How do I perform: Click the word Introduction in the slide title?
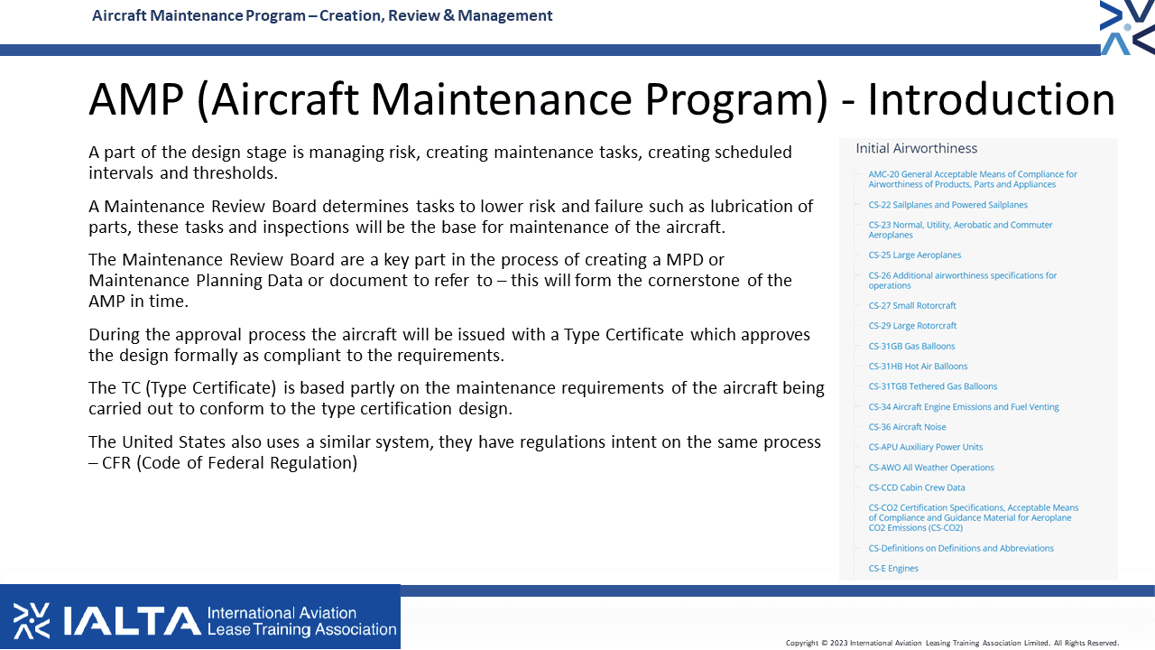(x=992, y=99)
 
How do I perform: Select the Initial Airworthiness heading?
(x=916, y=149)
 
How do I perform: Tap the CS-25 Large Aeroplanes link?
(x=915, y=255)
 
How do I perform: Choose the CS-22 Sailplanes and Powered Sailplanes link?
(x=947, y=205)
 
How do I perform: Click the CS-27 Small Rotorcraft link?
(x=912, y=305)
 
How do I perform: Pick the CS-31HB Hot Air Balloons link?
(x=918, y=367)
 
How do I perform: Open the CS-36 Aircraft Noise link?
(x=907, y=427)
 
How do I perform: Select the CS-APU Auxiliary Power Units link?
(x=926, y=447)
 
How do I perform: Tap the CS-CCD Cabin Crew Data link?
(x=916, y=487)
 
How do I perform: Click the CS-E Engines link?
(x=893, y=568)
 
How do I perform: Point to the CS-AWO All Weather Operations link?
(x=931, y=468)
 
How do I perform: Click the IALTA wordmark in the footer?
(x=132, y=620)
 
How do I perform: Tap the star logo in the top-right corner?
(x=1127, y=27)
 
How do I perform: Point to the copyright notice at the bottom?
(x=952, y=643)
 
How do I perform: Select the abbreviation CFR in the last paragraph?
(x=116, y=463)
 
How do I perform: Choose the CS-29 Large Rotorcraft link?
(x=912, y=326)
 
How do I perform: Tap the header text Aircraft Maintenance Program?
(x=199, y=15)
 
